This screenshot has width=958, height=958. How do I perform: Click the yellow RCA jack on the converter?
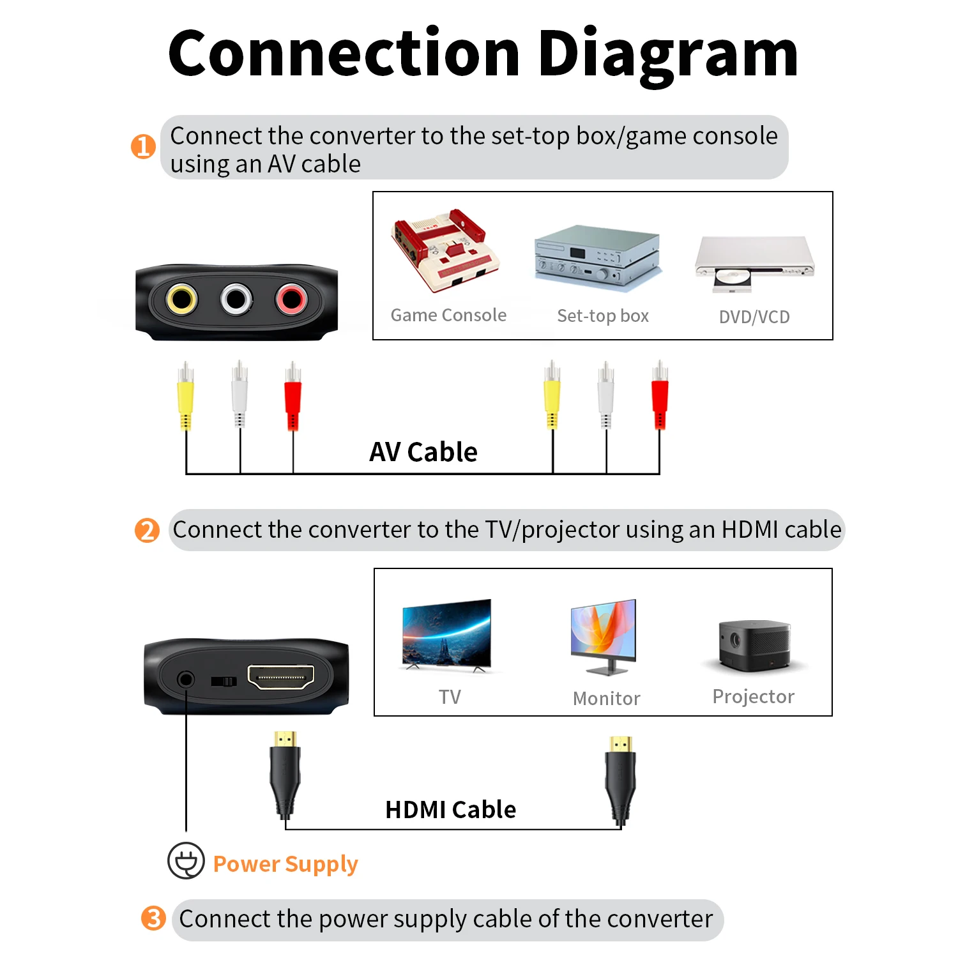tap(181, 299)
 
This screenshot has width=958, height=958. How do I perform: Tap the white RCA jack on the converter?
tap(236, 299)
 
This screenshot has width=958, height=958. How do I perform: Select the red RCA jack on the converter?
tap(291, 298)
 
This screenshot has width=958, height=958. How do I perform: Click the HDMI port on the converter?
tap(280, 677)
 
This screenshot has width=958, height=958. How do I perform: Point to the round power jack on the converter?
tap(186, 679)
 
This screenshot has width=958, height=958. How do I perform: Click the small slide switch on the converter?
tap(224, 681)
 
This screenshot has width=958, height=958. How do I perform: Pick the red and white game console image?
tap(445, 250)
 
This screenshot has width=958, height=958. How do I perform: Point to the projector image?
tap(754, 645)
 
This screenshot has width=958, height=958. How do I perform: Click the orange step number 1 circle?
tap(143, 146)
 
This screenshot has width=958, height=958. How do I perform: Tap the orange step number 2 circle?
tap(147, 530)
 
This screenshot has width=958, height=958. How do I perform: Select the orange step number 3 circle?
tap(153, 918)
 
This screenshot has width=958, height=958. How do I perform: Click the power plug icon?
tap(186, 861)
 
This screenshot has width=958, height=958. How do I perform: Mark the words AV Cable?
tap(423, 452)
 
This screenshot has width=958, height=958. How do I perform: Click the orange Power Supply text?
tap(285, 864)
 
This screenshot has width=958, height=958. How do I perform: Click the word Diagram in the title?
tap(668, 54)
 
